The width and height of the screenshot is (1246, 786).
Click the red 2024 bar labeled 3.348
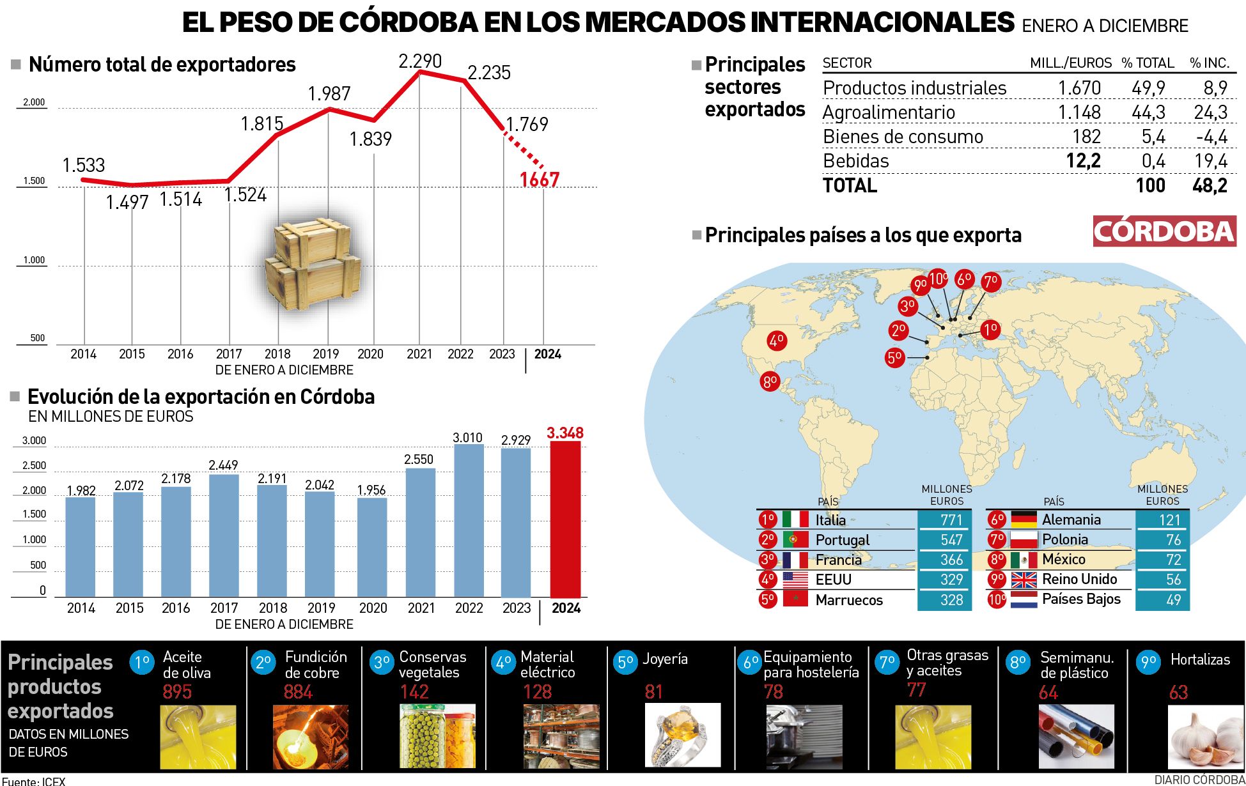click(565, 519)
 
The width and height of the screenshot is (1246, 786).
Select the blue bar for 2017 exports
click(224, 536)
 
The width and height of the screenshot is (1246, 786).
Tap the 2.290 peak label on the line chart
click(420, 61)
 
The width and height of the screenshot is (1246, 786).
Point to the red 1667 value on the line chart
click(540, 180)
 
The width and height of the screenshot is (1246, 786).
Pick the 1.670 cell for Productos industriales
click(1079, 88)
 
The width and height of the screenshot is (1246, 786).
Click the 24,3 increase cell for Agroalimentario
click(1210, 112)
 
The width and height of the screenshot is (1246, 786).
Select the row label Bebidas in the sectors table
click(856, 161)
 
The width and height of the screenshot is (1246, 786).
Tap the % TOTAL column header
click(1148, 63)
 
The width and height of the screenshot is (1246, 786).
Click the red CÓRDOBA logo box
click(1164, 231)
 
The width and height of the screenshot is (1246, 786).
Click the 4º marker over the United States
click(777, 341)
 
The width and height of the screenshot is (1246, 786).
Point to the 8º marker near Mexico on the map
click(770, 382)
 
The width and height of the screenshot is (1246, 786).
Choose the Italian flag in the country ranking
click(795, 520)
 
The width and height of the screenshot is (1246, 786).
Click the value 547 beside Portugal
click(951, 540)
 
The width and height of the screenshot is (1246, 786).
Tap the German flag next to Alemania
click(1024, 520)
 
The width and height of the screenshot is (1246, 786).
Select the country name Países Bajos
click(1081, 599)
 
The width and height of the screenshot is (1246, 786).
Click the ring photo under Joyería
click(683, 736)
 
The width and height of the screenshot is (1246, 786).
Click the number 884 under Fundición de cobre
click(298, 692)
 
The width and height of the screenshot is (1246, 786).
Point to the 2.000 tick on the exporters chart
click(34, 102)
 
